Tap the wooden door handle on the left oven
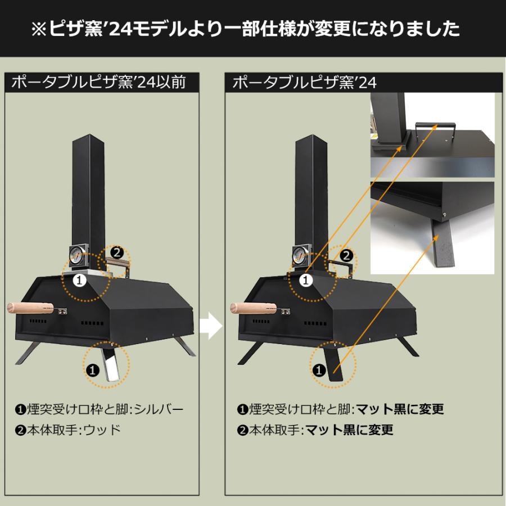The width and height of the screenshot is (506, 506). click(x=31, y=308)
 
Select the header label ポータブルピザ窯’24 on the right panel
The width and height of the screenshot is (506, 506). click(x=304, y=83)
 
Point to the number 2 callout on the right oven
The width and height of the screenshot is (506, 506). click(x=347, y=255)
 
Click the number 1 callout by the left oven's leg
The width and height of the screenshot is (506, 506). click(x=93, y=370)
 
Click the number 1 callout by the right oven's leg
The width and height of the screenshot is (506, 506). click(x=318, y=370)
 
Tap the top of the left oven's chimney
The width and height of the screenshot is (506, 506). click(x=89, y=138)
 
